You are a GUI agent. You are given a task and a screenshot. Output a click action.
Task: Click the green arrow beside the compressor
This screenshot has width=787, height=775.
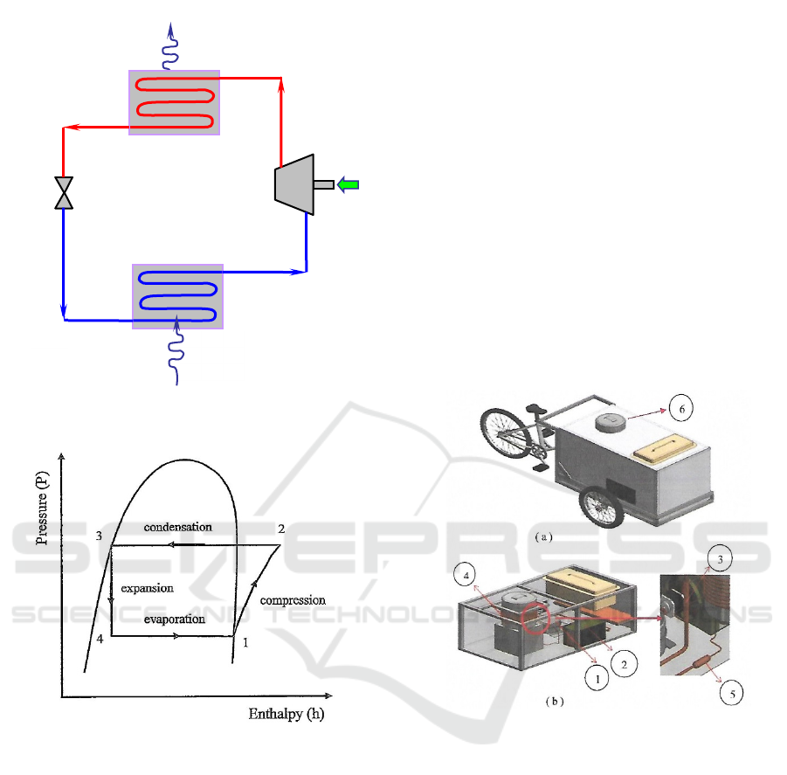[x=348, y=184]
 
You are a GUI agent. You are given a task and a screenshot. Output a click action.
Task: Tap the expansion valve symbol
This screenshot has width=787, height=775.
[x=64, y=193]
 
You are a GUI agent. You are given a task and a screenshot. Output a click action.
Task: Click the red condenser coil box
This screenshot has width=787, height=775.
[x=174, y=102]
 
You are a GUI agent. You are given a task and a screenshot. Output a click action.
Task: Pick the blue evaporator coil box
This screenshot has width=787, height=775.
[x=177, y=296]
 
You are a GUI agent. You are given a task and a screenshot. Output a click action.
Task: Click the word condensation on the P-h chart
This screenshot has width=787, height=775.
[x=177, y=527]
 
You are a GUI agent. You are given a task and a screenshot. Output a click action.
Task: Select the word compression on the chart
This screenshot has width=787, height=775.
[x=293, y=600]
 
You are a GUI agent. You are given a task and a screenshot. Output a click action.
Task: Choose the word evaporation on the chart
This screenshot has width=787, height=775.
[x=175, y=619]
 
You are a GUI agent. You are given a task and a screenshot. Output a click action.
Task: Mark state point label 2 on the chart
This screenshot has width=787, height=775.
[x=281, y=529]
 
